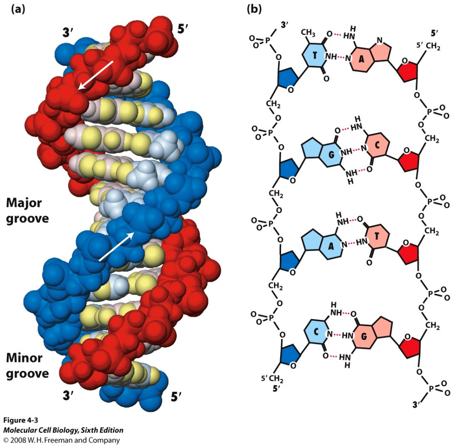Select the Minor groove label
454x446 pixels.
coord(27,366)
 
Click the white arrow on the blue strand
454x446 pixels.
coord(116,245)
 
